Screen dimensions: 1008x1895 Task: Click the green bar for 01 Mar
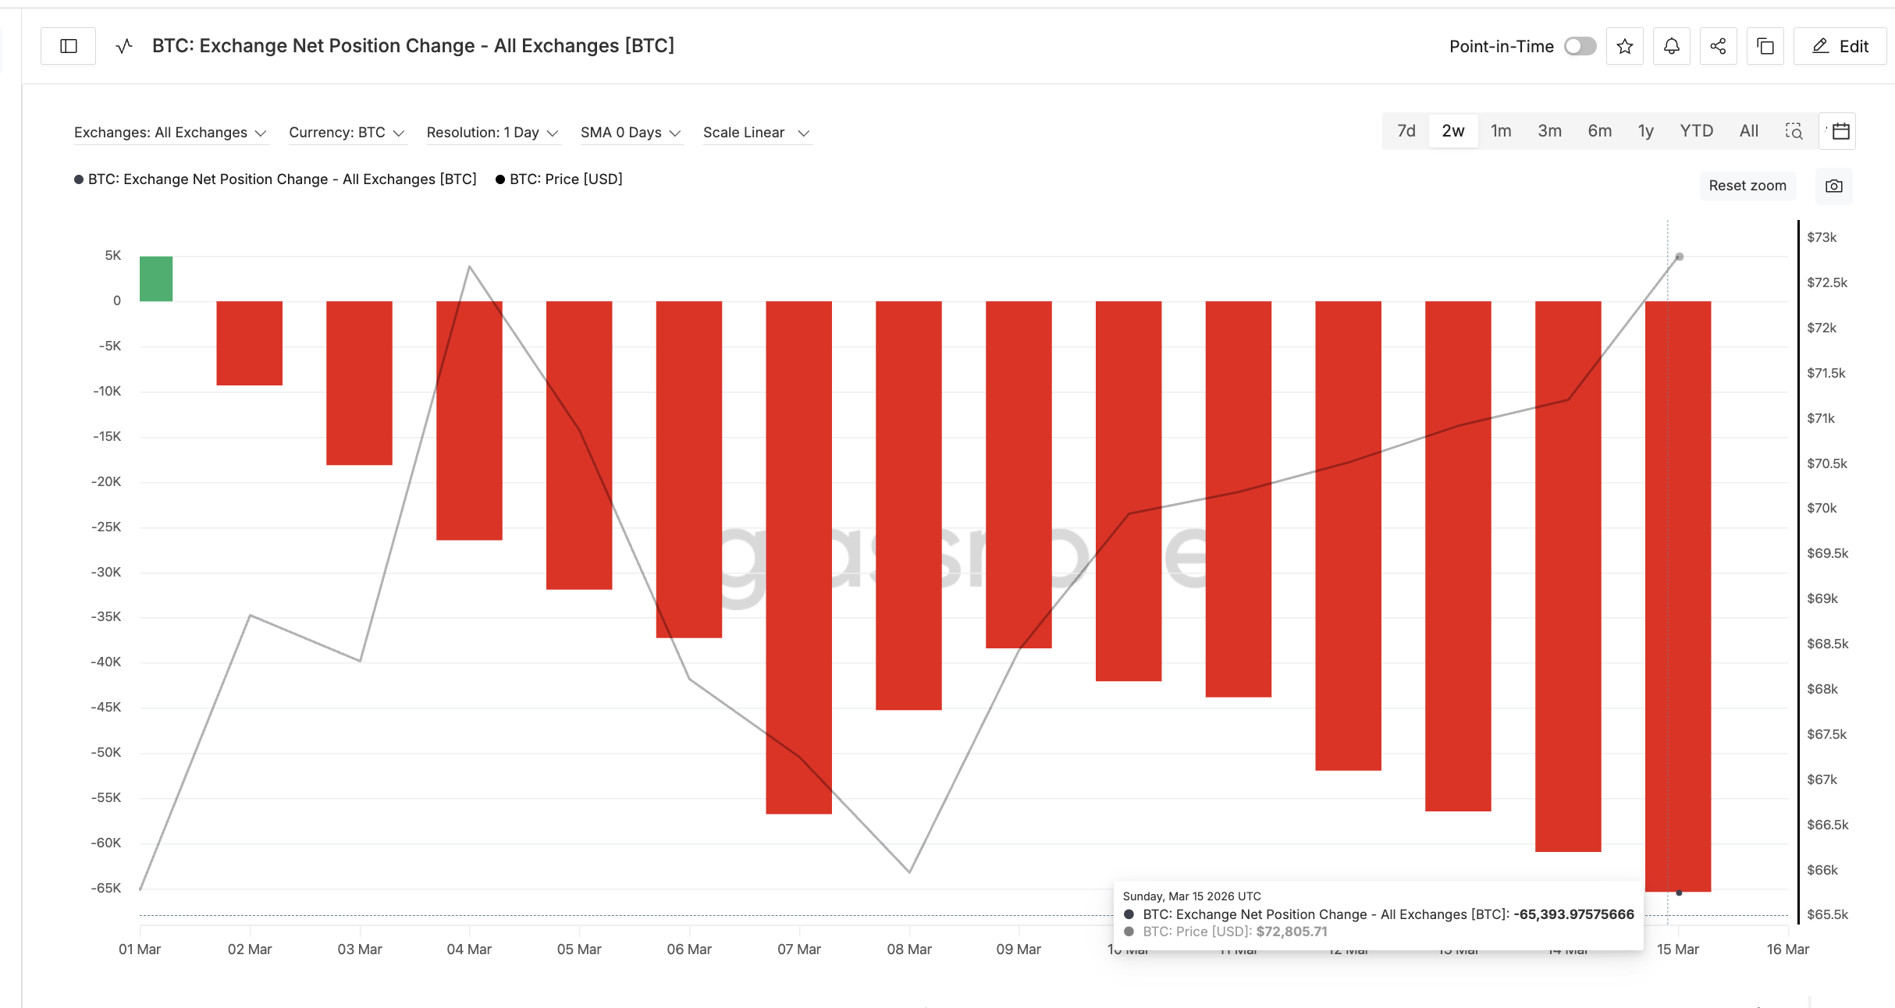(156, 279)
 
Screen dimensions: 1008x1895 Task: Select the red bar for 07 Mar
(798, 557)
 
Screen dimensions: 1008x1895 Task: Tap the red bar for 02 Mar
(249, 343)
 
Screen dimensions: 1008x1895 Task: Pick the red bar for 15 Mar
(1678, 596)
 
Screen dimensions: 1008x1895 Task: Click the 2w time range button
(1452, 131)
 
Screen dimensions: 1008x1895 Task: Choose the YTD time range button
(1696, 131)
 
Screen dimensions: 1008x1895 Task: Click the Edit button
(1840, 46)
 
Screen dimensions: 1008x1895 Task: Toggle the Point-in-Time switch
(1580, 46)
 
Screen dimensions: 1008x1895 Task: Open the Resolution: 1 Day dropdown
(492, 133)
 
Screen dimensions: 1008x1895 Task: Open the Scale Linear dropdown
(756, 133)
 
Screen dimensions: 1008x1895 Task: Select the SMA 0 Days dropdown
(630, 133)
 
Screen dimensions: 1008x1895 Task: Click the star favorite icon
(1625, 46)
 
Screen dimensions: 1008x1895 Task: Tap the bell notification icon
(1671, 46)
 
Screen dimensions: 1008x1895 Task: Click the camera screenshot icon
(1833, 186)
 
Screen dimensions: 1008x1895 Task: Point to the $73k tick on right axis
(1822, 237)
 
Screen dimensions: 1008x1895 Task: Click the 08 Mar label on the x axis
(909, 949)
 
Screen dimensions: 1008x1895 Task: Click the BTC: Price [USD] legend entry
(565, 179)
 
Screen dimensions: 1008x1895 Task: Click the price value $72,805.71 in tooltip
(1292, 932)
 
